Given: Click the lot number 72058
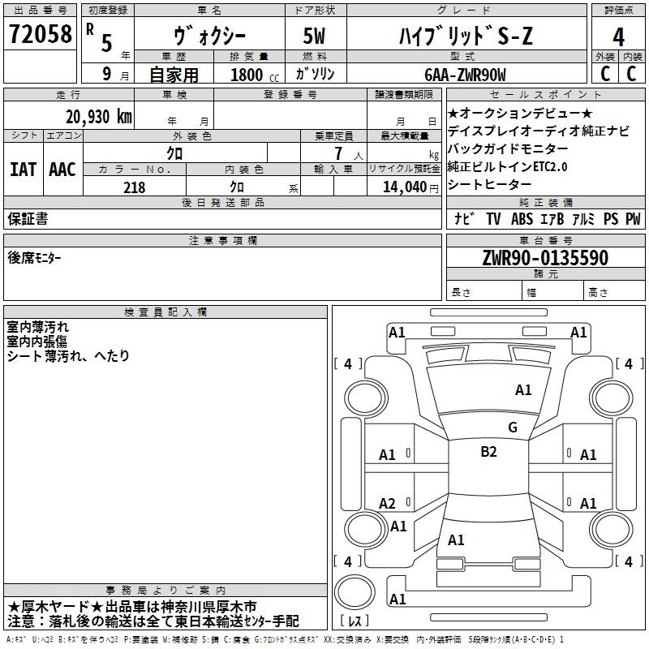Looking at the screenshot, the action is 40,34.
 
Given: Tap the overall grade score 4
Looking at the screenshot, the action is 618,37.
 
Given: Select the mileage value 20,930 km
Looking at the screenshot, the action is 98,117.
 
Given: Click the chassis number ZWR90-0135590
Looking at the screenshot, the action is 545,257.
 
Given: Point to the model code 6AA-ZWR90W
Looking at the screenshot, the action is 465,75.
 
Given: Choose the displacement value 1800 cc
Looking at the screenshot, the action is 255,75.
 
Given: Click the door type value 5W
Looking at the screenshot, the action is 314,36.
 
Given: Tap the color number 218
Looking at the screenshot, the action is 135,187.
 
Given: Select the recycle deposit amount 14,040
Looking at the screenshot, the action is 405,187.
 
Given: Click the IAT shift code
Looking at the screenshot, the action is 24,170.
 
